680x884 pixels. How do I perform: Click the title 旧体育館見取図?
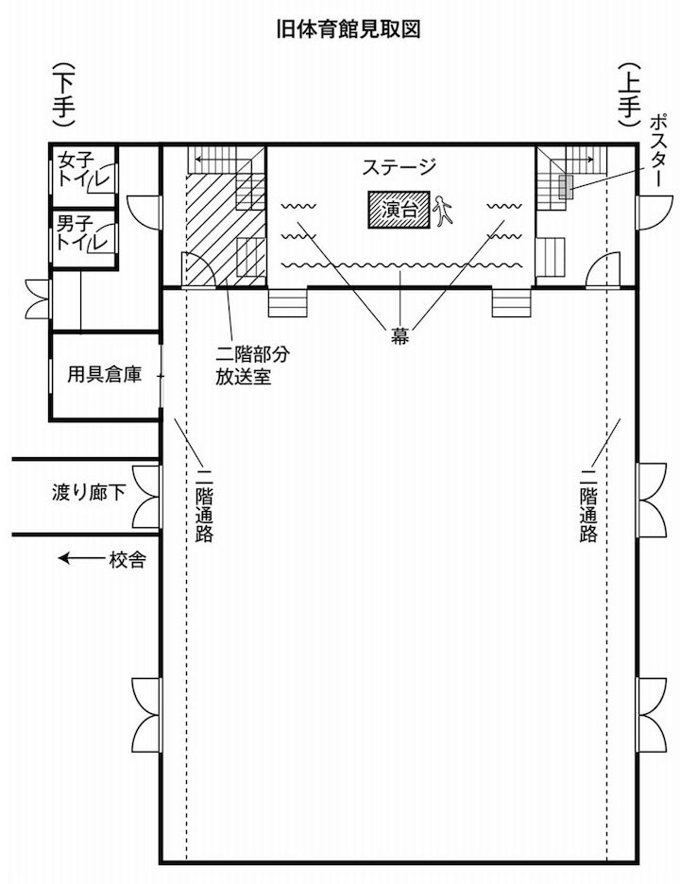tap(348, 29)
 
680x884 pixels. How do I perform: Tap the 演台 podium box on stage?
tap(399, 210)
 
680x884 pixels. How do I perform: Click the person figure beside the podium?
tap(443, 211)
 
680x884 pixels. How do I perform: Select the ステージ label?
tap(399, 167)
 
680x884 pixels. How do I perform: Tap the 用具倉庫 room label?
tap(104, 374)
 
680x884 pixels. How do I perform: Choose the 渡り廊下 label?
tap(89, 492)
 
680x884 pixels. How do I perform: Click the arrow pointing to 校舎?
tap(82, 559)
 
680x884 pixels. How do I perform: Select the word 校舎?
tap(128, 560)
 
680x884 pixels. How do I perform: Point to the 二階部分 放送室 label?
tap(252, 365)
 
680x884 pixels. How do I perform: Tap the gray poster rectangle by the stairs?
tap(566, 187)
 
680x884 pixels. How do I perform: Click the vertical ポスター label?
tap(658, 150)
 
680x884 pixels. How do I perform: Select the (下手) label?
tap(63, 94)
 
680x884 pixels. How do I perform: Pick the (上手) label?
tap(629, 94)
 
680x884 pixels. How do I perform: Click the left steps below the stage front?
tap(287, 303)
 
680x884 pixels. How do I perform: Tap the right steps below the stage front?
tap(511, 303)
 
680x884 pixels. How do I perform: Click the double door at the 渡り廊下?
tap(147, 497)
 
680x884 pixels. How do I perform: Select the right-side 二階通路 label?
tap(588, 505)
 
